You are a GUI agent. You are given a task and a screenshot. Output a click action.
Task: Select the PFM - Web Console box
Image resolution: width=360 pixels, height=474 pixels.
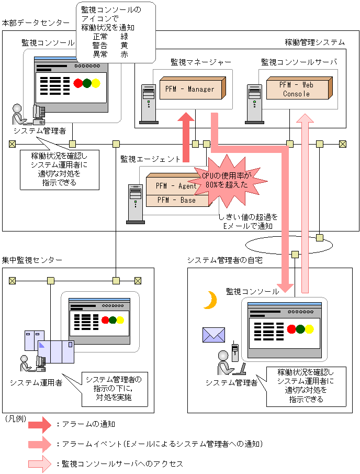point(296,89)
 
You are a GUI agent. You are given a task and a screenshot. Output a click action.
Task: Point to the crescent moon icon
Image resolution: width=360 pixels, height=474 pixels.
point(210,300)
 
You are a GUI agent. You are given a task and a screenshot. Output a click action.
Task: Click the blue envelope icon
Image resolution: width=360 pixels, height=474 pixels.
point(213,335)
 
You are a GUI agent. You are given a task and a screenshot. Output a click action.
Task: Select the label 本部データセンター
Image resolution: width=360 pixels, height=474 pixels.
point(35,23)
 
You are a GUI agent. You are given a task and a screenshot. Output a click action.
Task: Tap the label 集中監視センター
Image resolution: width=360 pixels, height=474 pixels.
point(31,260)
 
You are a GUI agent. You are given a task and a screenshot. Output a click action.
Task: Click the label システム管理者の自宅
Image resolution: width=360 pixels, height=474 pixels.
point(224,260)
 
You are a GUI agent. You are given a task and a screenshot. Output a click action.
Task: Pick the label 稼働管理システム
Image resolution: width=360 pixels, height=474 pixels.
point(314,42)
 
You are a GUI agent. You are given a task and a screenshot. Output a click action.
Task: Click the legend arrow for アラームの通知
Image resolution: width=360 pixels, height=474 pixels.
point(40,424)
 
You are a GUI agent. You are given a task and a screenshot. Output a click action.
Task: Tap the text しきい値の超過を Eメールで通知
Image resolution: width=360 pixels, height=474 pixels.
point(249,221)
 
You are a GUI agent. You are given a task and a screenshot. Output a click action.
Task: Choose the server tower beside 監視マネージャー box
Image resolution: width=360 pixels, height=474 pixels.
point(149,104)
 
